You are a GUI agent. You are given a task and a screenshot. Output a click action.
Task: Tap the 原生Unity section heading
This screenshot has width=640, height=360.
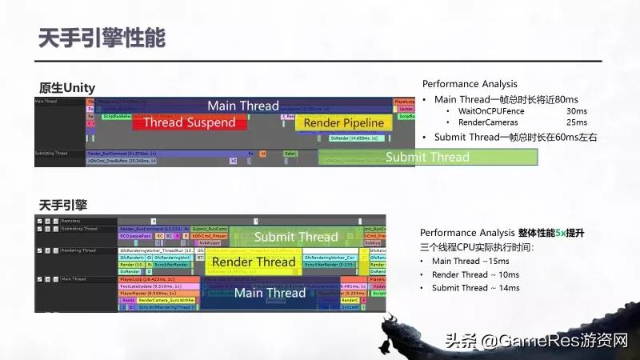coord(67,87)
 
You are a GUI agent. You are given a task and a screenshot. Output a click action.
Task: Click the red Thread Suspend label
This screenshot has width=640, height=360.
coord(189,122)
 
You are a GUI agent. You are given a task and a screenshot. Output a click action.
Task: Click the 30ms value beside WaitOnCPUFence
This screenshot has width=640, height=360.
coord(576,111)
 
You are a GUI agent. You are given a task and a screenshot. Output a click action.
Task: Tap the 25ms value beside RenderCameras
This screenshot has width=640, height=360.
coord(576,122)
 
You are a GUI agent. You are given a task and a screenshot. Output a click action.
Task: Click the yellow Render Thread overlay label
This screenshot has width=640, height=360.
coord(254,262)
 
